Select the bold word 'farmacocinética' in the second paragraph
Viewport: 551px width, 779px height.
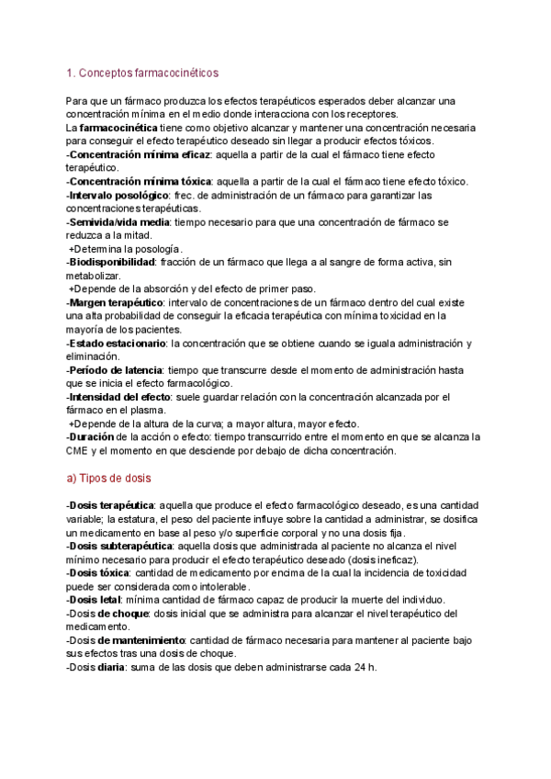tap(120, 128)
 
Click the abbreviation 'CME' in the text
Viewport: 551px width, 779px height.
tap(79, 451)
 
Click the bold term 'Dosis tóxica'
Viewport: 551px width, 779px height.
tap(97, 572)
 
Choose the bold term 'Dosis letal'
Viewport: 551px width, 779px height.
tap(95, 600)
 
